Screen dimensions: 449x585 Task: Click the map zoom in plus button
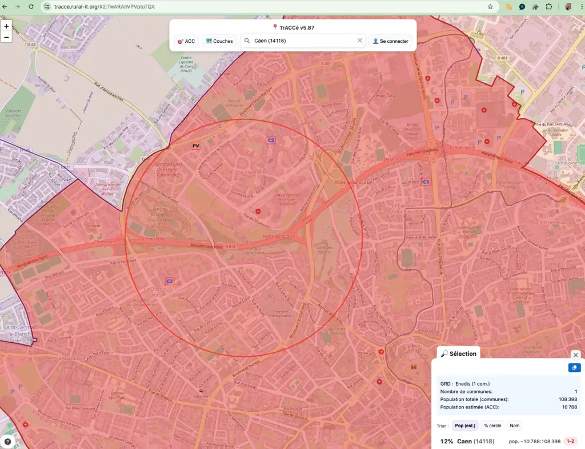coord(6,26)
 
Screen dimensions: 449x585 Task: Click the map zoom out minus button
coord(6,37)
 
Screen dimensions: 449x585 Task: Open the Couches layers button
coord(220,41)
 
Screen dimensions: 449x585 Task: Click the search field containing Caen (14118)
coord(303,41)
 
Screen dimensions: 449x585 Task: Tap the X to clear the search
coord(360,41)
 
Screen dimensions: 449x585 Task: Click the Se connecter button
coord(391,41)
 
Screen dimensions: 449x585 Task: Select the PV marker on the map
coord(196,146)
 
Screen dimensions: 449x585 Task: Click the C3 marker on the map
coord(271,140)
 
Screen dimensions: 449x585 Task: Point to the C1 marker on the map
coord(426,182)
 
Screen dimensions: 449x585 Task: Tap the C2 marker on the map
coord(169,281)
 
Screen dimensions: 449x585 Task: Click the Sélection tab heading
coord(459,354)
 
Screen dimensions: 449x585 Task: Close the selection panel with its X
coord(575,355)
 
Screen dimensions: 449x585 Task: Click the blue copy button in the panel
coord(574,368)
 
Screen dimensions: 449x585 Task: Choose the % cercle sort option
coord(492,426)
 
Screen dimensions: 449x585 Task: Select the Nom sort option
coord(514,426)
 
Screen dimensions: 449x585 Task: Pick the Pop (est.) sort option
coord(465,426)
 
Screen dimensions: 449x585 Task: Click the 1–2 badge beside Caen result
coord(570,441)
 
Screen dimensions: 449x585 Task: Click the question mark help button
coord(7,441)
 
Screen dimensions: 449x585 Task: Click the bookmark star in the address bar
coord(490,7)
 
